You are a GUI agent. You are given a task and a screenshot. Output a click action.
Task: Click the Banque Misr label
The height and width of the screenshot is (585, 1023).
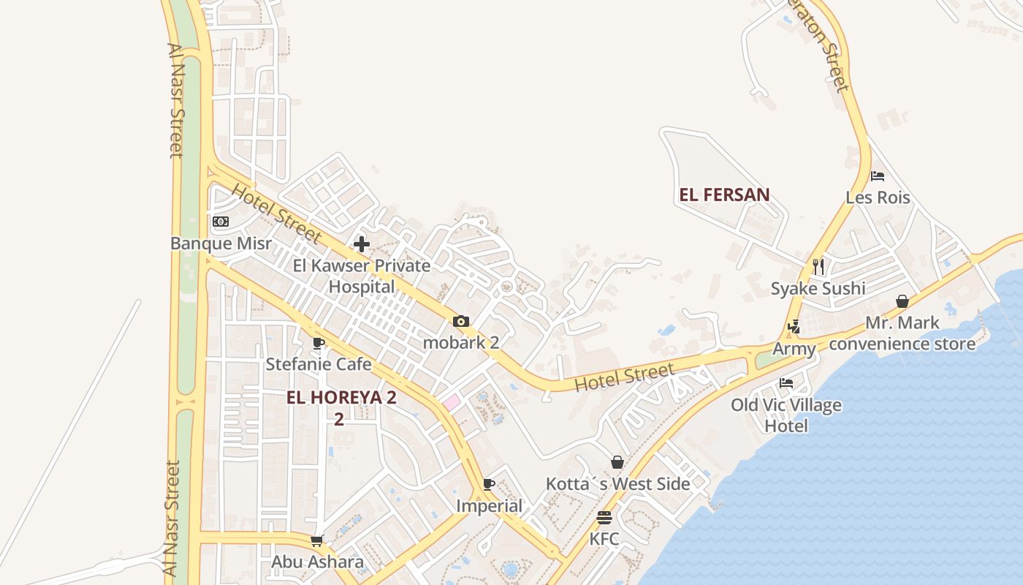[x=221, y=244]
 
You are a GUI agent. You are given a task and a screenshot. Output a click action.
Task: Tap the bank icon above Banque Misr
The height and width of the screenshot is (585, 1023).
[x=221, y=222]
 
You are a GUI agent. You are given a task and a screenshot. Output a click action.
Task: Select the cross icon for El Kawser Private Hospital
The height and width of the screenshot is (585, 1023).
[x=362, y=244]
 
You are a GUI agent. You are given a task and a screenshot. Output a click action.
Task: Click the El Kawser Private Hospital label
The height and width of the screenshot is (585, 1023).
[x=362, y=276]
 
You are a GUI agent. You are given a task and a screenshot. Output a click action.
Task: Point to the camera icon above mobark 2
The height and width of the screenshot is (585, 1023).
[x=460, y=321]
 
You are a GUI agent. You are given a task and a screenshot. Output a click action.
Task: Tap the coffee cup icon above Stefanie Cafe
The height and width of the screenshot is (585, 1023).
[x=319, y=342]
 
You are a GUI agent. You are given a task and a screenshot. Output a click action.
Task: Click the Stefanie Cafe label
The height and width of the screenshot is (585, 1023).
[x=319, y=364]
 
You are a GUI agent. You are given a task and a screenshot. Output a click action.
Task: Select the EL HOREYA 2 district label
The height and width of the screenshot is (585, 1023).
[x=341, y=398]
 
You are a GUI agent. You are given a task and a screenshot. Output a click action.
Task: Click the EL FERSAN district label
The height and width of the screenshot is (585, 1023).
[x=724, y=195]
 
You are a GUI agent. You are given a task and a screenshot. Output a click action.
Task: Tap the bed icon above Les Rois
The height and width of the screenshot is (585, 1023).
[x=878, y=176]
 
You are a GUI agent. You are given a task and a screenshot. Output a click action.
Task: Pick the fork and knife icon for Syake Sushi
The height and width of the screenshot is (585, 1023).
[x=818, y=266]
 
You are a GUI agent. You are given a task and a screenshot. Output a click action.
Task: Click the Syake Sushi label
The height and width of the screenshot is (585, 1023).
[x=818, y=288]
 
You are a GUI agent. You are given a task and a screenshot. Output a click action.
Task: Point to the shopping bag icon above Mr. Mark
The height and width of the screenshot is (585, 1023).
[x=902, y=301]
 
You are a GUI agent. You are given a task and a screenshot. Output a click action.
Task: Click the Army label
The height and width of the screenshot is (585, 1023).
[x=794, y=349]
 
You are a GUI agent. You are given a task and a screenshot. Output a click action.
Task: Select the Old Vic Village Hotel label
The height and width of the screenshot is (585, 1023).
[x=786, y=415]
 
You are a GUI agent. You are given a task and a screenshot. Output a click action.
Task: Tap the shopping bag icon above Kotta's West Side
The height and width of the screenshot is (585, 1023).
[x=617, y=462]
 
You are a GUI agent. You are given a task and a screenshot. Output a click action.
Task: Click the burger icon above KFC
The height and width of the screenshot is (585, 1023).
[x=604, y=518]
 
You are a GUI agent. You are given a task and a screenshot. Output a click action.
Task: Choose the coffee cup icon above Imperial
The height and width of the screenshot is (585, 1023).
[x=489, y=484]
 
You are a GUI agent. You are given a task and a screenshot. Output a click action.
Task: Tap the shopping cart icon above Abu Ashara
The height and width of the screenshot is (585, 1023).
[x=317, y=540]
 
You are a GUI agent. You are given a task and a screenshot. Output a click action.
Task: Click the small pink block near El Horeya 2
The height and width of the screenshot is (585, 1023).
[x=451, y=401]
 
